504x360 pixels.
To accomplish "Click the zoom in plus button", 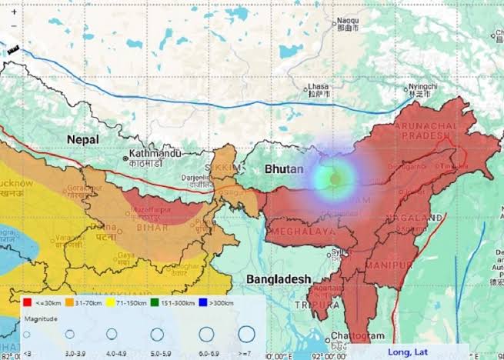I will [14, 12].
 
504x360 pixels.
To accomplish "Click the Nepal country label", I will [82, 139].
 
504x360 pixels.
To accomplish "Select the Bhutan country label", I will [285, 168].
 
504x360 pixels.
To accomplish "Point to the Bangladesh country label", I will [278, 278].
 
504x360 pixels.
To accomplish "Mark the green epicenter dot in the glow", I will [335, 179].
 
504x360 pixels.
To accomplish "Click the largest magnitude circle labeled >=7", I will [246, 335].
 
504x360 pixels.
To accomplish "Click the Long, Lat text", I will [409, 352].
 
